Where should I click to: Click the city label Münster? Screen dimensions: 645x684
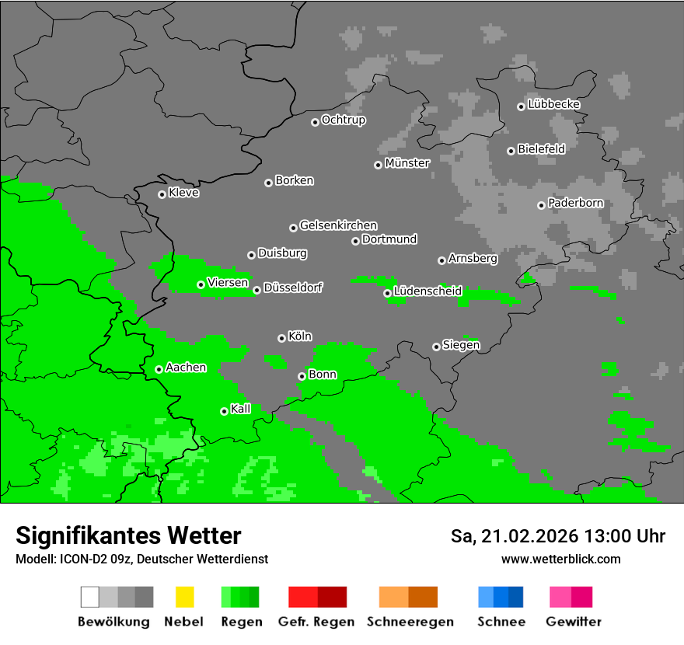(407, 163)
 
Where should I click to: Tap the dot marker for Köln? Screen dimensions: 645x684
(281, 338)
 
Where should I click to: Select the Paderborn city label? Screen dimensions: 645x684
(576, 203)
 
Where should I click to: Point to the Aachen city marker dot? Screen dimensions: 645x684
(159, 369)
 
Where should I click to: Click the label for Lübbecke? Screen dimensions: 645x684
(554, 104)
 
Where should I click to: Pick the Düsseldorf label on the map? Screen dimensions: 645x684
(293, 288)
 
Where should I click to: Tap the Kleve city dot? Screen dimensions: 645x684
(162, 194)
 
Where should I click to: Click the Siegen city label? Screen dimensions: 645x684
(462, 345)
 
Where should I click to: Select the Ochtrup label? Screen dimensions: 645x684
(344, 120)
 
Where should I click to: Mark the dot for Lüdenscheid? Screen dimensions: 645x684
(387, 293)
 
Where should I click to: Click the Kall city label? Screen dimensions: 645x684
(241, 409)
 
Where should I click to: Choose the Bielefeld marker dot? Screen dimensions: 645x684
(511, 151)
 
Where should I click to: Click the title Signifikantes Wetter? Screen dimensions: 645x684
(128, 535)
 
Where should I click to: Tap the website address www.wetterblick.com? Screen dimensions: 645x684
(560, 559)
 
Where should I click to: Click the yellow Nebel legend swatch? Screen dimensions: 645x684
(184, 597)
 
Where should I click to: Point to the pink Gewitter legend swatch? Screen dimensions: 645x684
(560, 597)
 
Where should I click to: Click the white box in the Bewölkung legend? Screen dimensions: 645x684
(90, 597)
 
